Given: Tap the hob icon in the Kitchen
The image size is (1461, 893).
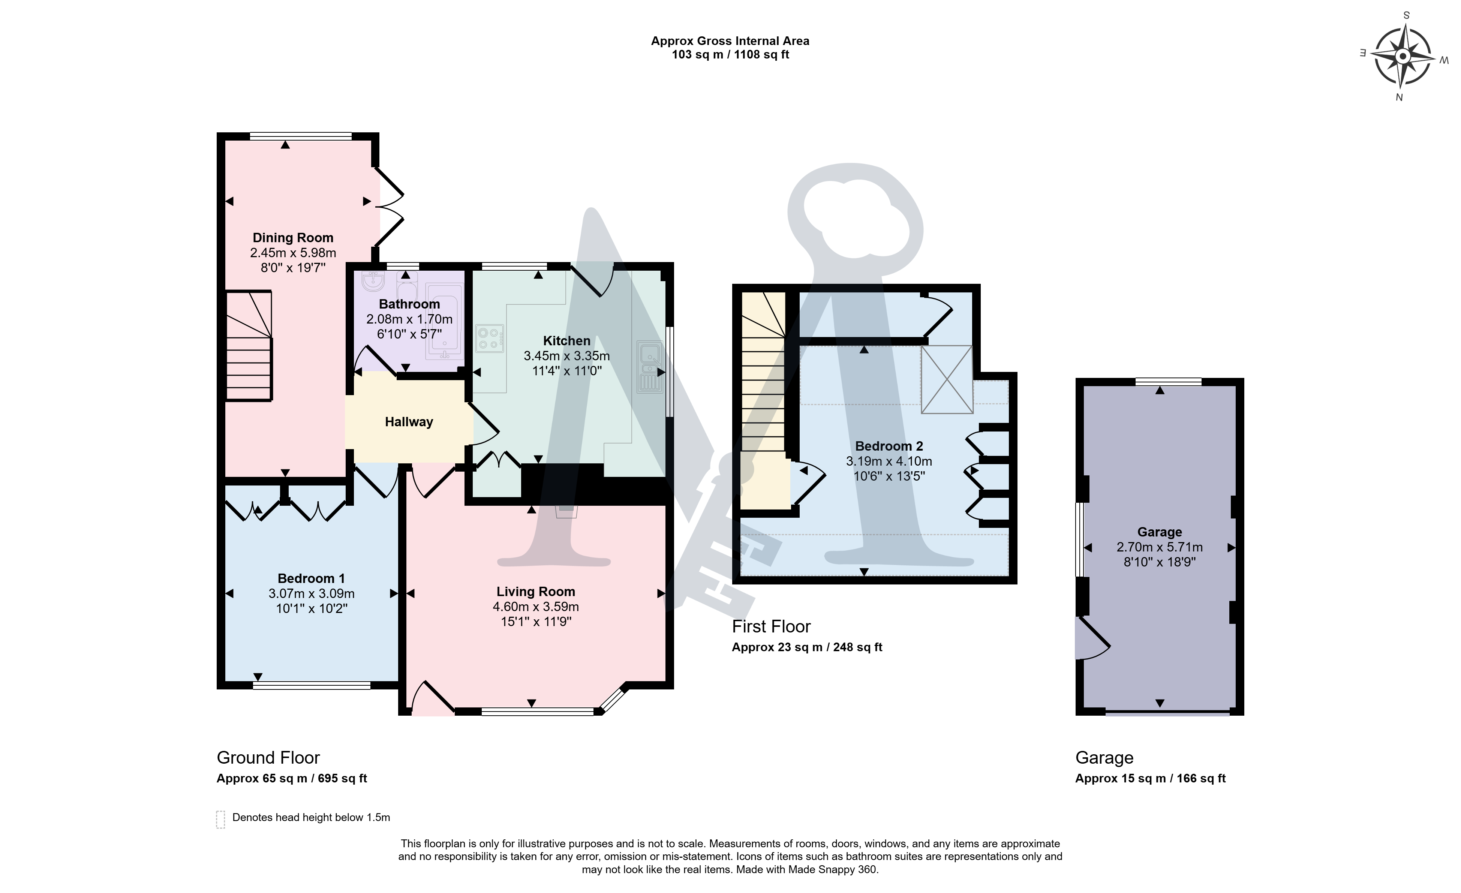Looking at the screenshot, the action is pyautogui.click(x=490, y=339).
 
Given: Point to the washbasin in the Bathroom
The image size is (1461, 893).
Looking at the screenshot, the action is pyautogui.click(x=373, y=282).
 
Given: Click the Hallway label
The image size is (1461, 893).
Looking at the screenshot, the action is pyautogui.click(x=409, y=422).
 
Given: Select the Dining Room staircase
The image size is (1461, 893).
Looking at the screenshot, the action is pyautogui.click(x=249, y=346).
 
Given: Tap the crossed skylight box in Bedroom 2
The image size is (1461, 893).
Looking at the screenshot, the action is pyautogui.click(x=947, y=379).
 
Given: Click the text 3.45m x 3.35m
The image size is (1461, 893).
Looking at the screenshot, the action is pyautogui.click(x=567, y=356).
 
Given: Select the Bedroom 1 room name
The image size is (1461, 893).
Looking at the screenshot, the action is pyautogui.click(x=311, y=578).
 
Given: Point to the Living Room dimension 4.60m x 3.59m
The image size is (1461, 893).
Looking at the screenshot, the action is pyautogui.click(x=536, y=607).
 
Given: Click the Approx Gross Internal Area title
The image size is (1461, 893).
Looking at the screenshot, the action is pyautogui.click(x=730, y=41).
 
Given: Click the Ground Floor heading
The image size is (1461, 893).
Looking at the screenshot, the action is pyautogui.click(x=268, y=757).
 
